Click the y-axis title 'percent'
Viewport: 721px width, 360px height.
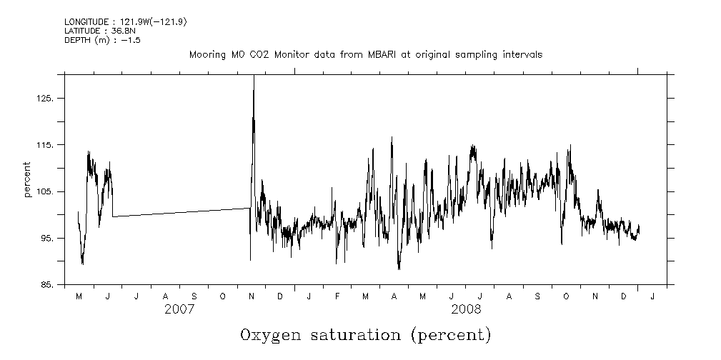coord(27,181)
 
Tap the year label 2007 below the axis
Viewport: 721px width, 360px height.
coord(179,309)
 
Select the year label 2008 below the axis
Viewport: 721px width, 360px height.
coord(466,309)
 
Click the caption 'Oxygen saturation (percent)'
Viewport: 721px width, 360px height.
coord(366,335)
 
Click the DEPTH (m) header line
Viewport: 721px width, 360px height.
coord(102,40)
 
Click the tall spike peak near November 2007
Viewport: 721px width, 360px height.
coord(254,76)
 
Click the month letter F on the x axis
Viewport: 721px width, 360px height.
coord(337,296)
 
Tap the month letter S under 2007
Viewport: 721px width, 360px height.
coord(194,296)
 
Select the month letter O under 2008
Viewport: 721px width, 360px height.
coord(567,296)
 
